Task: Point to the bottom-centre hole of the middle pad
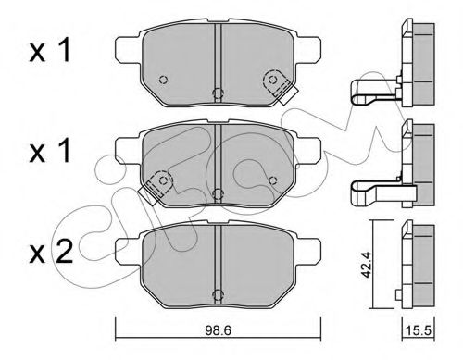216,192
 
